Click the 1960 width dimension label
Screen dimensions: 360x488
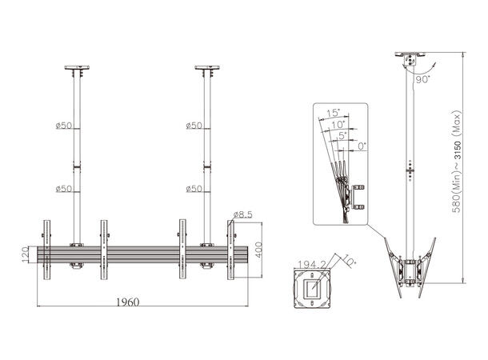point(127,302)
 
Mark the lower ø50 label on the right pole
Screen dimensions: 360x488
point(192,189)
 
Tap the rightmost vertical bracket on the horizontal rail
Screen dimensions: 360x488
point(232,250)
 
